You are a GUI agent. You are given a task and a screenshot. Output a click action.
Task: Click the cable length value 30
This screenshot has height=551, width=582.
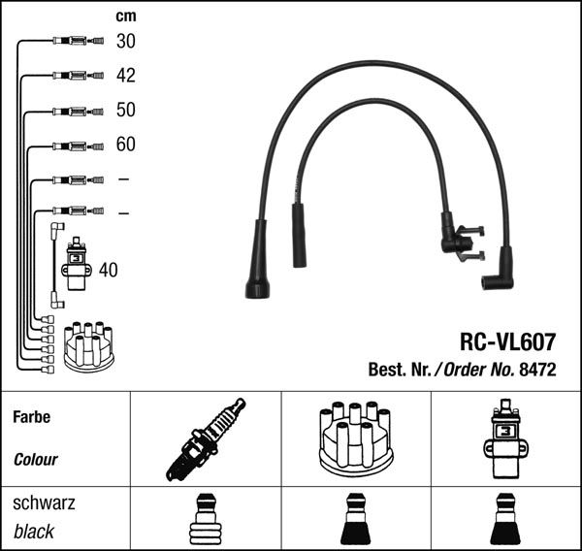pyautogui.click(x=125, y=41)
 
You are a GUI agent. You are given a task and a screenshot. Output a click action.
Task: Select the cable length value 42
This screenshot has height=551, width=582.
pyautogui.click(x=125, y=76)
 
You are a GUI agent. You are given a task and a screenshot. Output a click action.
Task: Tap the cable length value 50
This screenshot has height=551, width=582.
pyautogui.click(x=125, y=110)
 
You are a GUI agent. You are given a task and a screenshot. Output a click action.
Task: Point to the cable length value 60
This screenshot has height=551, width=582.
pyautogui.click(x=125, y=145)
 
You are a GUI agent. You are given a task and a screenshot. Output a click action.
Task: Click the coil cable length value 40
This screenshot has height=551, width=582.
pyautogui.click(x=108, y=270)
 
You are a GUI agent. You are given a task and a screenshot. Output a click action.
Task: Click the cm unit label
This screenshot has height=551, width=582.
pyautogui.click(x=125, y=16)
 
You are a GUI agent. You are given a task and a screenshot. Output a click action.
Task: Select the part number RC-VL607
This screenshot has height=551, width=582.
pyautogui.click(x=506, y=341)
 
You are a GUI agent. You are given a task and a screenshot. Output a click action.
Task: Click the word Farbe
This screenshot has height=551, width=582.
pyautogui.click(x=31, y=417)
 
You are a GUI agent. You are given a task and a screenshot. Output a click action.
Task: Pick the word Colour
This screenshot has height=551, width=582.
pyautogui.click(x=36, y=460)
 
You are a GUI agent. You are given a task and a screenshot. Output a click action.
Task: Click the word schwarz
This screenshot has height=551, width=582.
pyautogui.click(x=44, y=503)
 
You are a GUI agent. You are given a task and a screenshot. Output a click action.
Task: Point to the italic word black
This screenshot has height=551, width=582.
pyautogui.click(x=34, y=532)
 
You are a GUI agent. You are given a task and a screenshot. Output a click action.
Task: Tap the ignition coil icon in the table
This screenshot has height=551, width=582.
pyautogui.click(x=505, y=438)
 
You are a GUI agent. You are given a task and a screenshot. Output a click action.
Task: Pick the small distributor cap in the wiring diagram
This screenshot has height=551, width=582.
pyautogui.click(x=88, y=345)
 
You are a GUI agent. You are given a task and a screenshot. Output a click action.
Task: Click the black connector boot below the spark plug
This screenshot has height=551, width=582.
pyautogui.click(x=205, y=521)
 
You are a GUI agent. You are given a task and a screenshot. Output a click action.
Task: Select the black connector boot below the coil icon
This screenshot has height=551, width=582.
pyautogui.click(x=505, y=521)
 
